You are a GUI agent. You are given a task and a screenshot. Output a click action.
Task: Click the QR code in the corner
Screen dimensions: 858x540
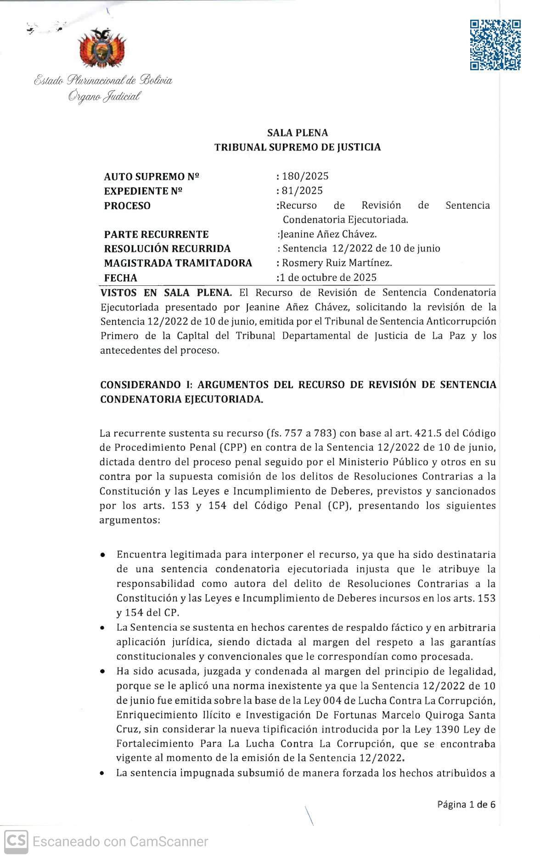(x=495, y=45)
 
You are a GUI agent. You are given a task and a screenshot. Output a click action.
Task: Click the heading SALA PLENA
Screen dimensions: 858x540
(x=298, y=133)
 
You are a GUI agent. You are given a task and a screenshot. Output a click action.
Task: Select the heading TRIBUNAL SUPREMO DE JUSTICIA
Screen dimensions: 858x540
(x=298, y=147)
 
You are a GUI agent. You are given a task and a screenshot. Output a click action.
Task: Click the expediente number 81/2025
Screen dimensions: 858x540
(x=303, y=190)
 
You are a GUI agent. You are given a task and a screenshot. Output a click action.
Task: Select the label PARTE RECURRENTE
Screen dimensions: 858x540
(x=156, y=234)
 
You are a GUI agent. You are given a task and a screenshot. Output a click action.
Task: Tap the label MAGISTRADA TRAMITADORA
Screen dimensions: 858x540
(x=178, y=263)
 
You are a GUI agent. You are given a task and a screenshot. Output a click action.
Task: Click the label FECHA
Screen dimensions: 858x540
(x=120, y=278)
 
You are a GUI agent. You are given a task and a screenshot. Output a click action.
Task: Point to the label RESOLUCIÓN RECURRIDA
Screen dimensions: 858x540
(x=167, y=249)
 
